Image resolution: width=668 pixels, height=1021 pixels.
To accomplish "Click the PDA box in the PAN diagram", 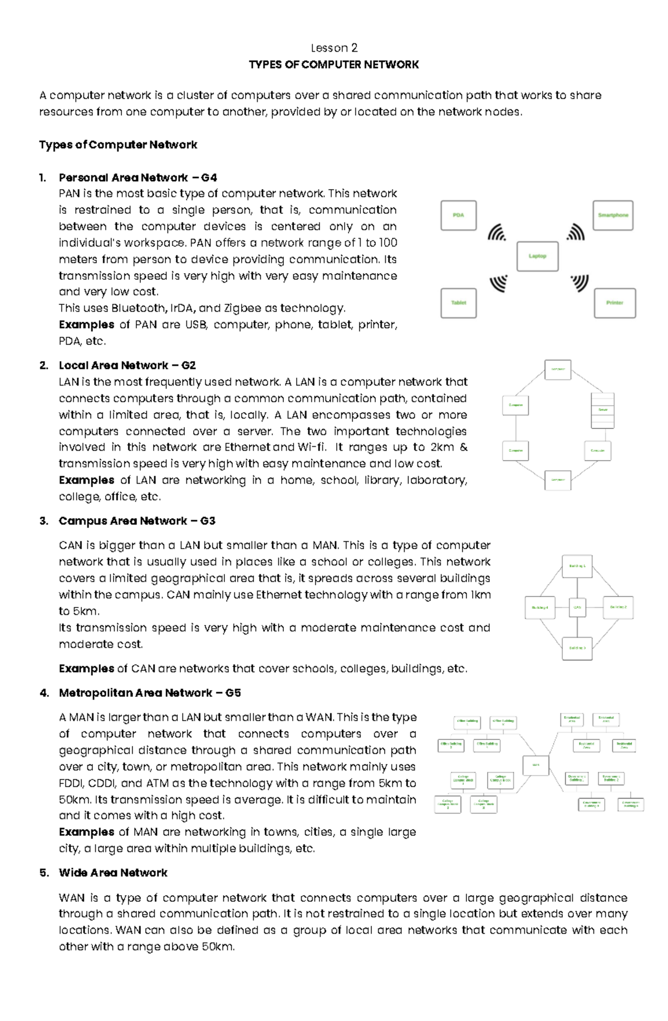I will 458,215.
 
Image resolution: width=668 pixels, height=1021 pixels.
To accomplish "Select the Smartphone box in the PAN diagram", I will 613,215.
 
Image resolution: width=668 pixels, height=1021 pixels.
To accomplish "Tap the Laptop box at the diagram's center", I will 537,256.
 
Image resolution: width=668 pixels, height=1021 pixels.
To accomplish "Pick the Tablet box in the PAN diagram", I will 458,303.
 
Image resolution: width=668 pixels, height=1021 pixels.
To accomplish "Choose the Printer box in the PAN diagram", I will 615,303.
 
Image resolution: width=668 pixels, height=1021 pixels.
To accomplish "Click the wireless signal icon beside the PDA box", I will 497,233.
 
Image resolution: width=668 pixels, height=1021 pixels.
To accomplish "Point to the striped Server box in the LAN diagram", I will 602,410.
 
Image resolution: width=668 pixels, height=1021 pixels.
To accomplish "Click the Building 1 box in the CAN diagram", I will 577,566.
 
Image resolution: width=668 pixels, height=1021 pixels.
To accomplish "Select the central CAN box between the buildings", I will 577,608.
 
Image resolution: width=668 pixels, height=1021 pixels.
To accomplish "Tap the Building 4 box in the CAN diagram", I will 539,608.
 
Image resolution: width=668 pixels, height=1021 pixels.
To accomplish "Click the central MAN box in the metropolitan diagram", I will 536,765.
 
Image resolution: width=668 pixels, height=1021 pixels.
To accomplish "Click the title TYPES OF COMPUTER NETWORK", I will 333,65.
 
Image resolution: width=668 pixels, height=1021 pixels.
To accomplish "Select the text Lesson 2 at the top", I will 334,48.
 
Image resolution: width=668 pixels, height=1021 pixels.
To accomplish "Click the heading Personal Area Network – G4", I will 137,177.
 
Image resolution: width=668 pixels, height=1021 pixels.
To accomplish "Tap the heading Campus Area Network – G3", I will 137,521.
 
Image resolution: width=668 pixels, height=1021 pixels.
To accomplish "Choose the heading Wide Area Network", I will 113,872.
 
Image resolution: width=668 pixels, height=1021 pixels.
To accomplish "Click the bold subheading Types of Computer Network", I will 118,145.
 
